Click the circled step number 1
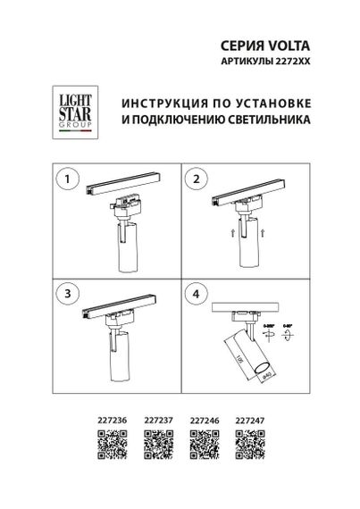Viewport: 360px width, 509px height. pos(64,179)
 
